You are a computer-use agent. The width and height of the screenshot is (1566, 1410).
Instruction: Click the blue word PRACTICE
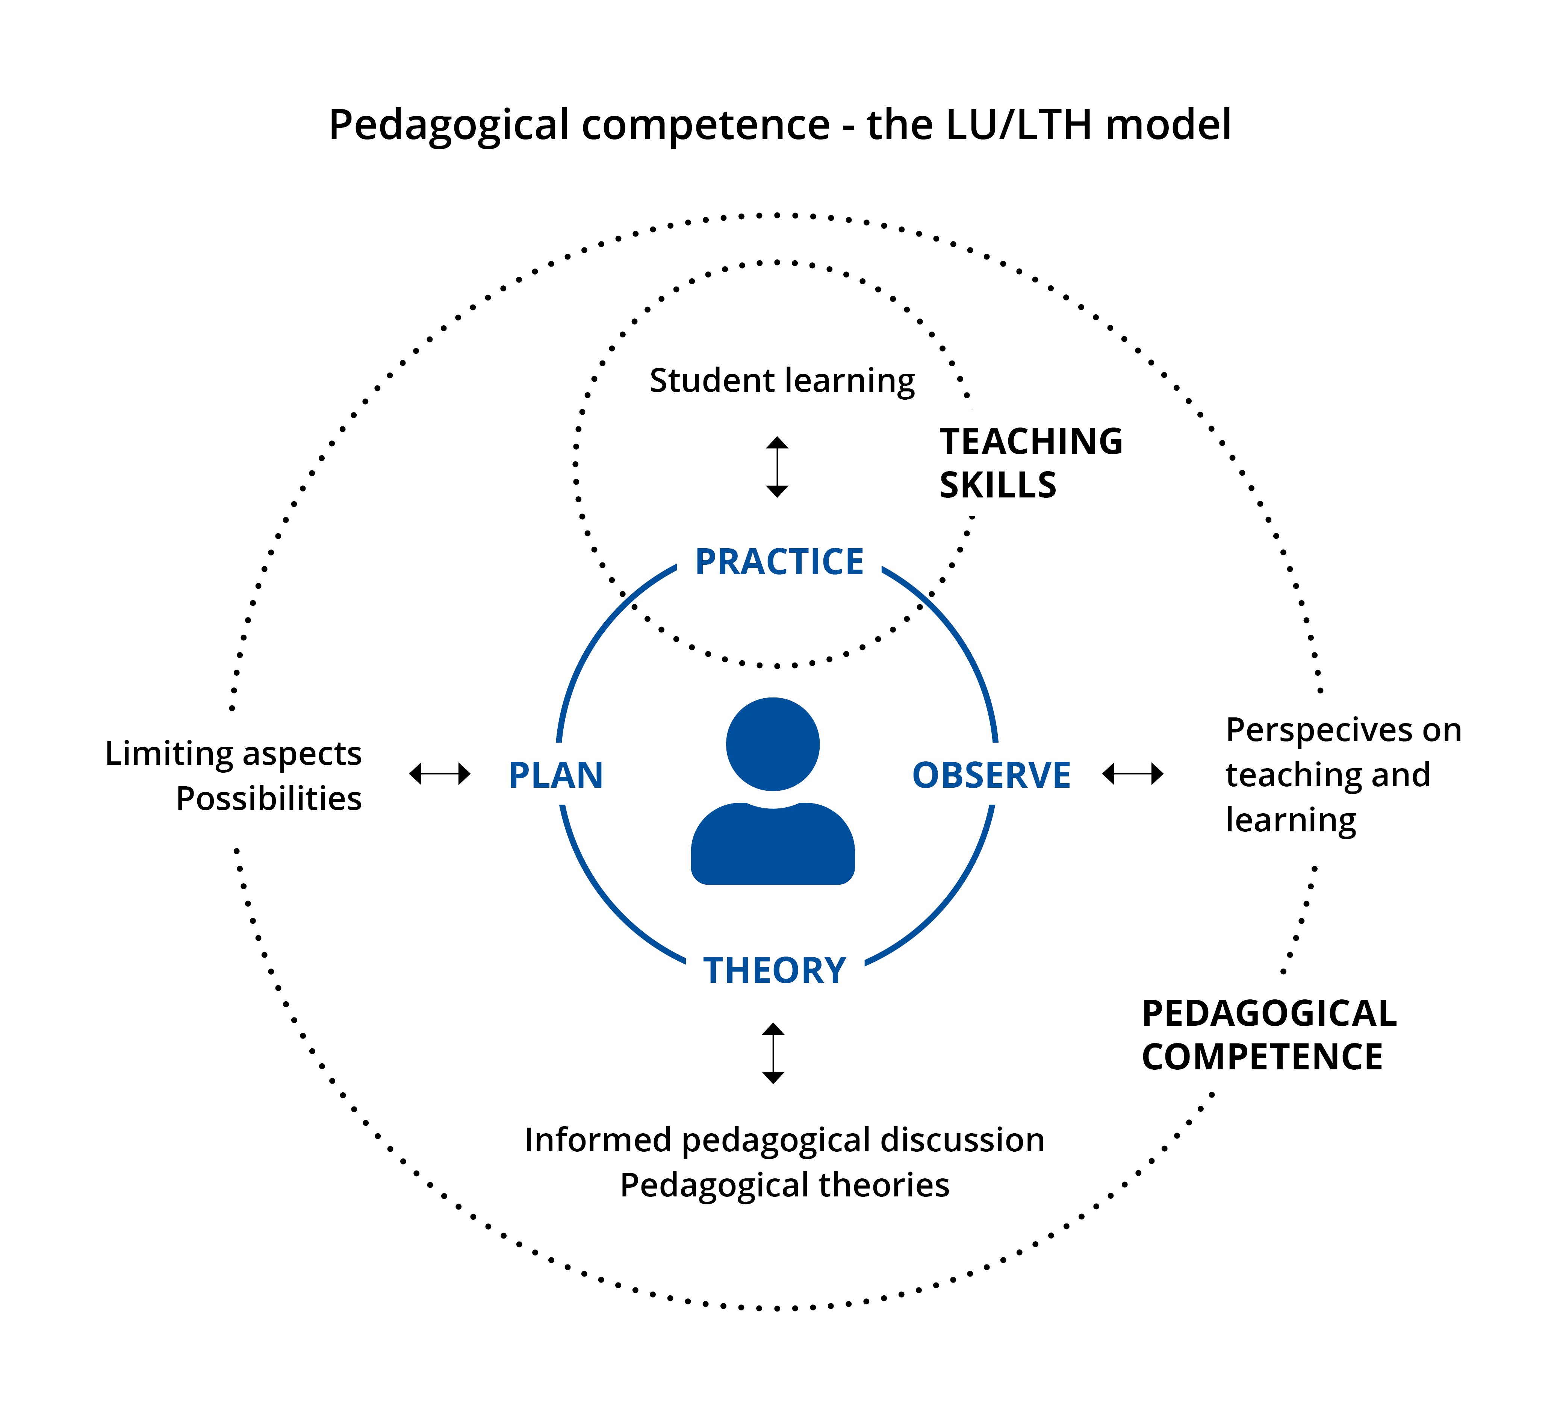coord(779,562)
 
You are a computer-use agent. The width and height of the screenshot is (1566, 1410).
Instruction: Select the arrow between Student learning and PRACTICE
coord(777,466)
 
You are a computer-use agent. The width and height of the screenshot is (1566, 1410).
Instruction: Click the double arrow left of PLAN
coord(440,773)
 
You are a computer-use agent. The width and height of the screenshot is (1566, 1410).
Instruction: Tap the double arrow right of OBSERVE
coord(1132,773)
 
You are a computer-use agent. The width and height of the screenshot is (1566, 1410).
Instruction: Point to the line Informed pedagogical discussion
coord(785,1140)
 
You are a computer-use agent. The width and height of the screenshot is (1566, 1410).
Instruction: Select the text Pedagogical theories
coord(785,1184)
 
